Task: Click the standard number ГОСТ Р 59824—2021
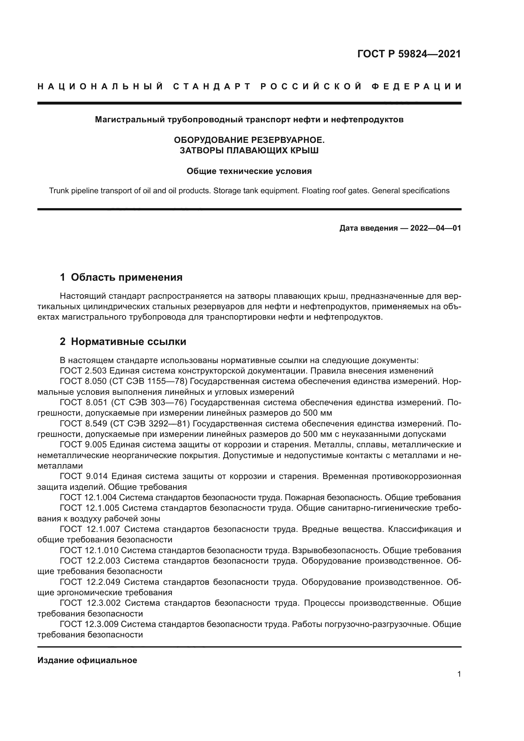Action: [x=409, y=54]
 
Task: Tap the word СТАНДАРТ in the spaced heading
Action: [x=212, y=86]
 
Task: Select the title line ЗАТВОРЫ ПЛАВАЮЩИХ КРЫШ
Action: [x=249, y=150]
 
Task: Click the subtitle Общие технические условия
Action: [x=249, y=171]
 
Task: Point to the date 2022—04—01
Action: [x=435, y=228]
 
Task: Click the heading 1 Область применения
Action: [x=121, y=277]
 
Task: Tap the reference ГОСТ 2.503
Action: [x=83, y=371]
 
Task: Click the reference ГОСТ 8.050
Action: [x=83, y=381]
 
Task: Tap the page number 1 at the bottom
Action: [x=459, y=674]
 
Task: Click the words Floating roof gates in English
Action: [x=335, y=191]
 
